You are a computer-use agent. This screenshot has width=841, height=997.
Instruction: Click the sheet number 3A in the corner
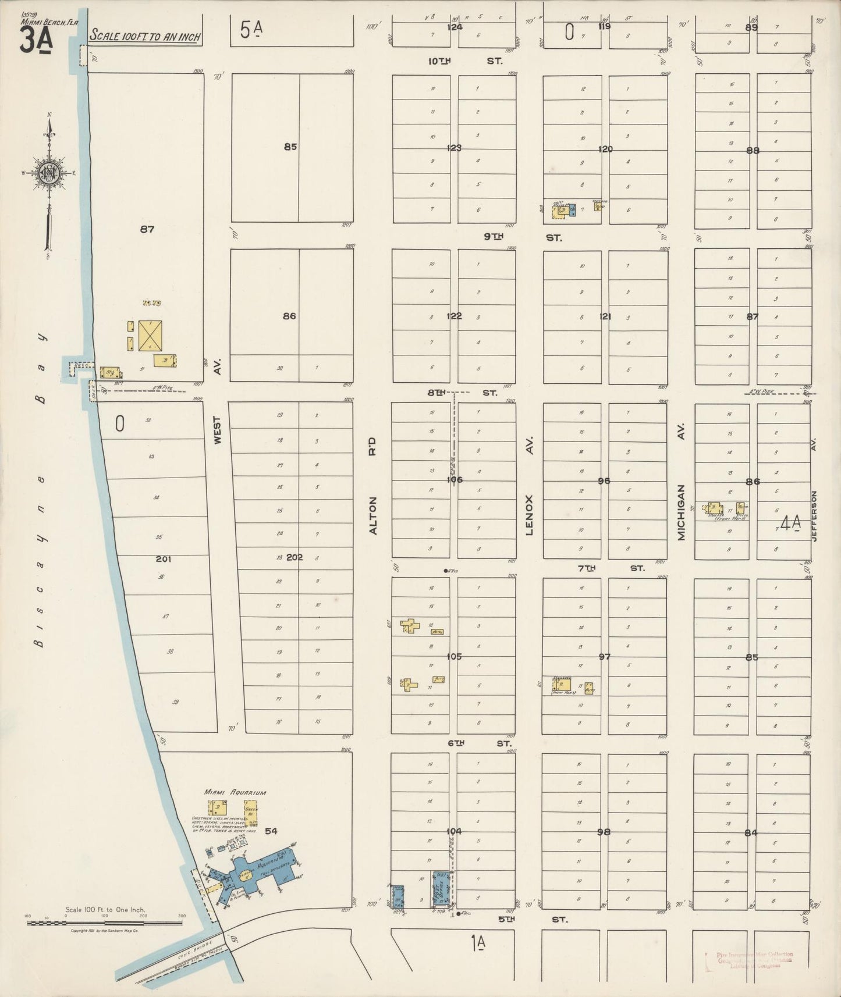(x=36, y=41)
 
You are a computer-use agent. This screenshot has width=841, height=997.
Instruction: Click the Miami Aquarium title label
(x=235, y=792)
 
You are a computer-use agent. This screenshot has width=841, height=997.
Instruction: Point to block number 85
(x=290, y=147)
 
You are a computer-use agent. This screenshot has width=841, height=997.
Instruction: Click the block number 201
(x=164, y=559)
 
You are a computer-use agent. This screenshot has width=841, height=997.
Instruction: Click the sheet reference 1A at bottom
(x=478, y=941)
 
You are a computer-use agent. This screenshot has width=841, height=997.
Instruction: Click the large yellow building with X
(x=150, y=336)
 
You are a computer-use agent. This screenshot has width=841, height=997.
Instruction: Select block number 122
(x=454, y=316)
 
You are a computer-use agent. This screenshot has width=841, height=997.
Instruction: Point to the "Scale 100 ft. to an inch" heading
(x=145, y=37)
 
